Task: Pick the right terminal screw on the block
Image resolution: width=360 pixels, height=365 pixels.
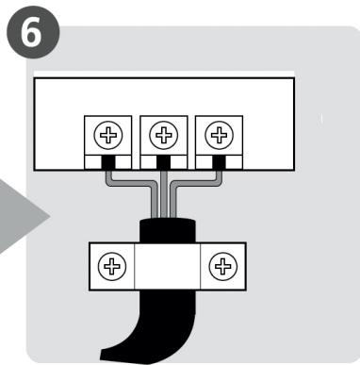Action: point(220,137)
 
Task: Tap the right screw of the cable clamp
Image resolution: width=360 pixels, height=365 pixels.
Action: point(222,265)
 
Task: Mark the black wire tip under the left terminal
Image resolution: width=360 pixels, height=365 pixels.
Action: point(106,162)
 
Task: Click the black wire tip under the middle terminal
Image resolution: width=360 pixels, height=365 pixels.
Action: point(162,162)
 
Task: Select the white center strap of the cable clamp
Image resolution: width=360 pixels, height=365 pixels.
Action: point(166,265)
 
